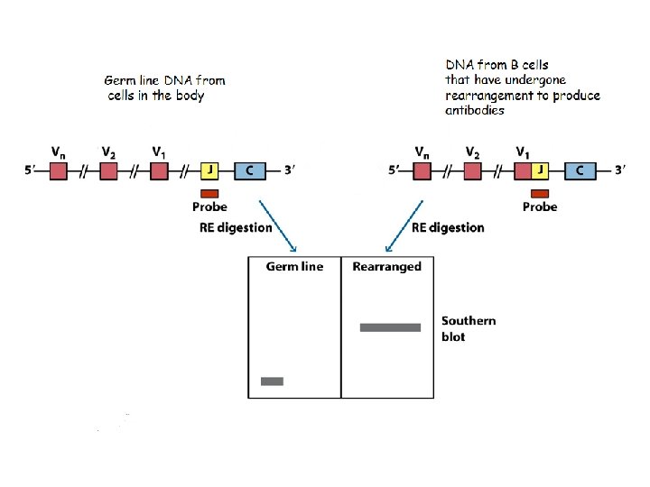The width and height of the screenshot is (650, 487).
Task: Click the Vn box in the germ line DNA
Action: click(x=58, y=170)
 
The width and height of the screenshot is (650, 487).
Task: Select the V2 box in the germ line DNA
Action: click(x=108, y=170)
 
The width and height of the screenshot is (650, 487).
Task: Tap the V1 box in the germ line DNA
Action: click(x=159, y=170)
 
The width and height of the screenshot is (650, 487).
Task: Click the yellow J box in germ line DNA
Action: click(x=209, y=170)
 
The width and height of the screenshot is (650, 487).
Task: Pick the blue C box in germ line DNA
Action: click(x=249, y=170)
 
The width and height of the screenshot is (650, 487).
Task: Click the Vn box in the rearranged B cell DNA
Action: click(x=422, y=170)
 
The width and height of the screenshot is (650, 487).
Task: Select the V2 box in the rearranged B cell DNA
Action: click(x=472, y=170)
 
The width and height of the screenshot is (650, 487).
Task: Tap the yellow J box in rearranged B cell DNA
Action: click(x=540, y=170)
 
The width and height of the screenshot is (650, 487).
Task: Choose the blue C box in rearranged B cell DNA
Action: click(x=580, y=170)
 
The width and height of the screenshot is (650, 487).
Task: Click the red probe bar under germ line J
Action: click(x=209, y=193)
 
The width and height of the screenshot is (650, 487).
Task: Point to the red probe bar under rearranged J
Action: click(x=540, y=193)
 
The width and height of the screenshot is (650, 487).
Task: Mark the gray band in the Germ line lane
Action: click(x=272, y=381)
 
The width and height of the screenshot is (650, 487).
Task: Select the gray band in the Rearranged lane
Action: click(x=390, y=327)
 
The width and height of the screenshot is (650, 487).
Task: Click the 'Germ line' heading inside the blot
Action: click(x=294, y=267)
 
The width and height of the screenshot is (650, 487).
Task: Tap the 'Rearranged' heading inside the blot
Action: click(x=386, y=267)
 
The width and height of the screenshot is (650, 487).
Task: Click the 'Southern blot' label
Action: click(x=468, y=328)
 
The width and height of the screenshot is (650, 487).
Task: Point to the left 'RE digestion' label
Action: click(x=236, y=227)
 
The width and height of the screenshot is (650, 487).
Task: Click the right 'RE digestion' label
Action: click(x=448, y=227)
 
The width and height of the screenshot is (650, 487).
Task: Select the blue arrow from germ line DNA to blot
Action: click(x=278, y=225)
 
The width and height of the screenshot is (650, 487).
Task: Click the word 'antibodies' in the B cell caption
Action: click(x=475, y=110)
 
